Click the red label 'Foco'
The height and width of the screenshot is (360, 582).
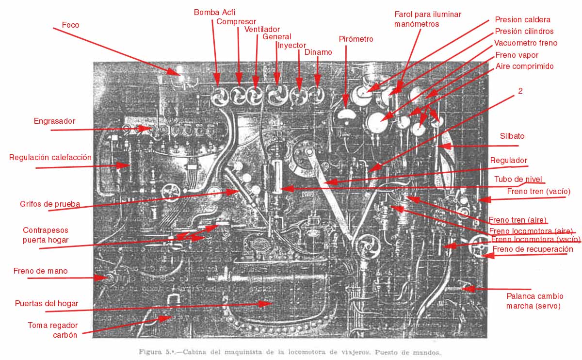point(71,24)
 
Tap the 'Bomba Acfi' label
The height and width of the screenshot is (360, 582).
point(215,12)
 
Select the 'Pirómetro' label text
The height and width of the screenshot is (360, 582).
point(356,39)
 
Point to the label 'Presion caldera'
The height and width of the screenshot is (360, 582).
point(522,20)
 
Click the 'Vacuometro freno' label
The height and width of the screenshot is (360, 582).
point(526,43)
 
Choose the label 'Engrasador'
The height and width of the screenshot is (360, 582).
point(54,121)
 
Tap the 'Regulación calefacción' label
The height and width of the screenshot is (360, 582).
point(50,157)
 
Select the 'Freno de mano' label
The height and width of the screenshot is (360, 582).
point(40,271)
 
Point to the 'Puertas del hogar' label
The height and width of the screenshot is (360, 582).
point(47,303)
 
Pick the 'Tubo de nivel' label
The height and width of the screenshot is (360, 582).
point(518,179)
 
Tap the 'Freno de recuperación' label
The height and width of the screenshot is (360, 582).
point(533,249)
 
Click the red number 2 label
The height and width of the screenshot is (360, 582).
point(520,90)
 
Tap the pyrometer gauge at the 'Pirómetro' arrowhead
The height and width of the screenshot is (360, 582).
point(346,115)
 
